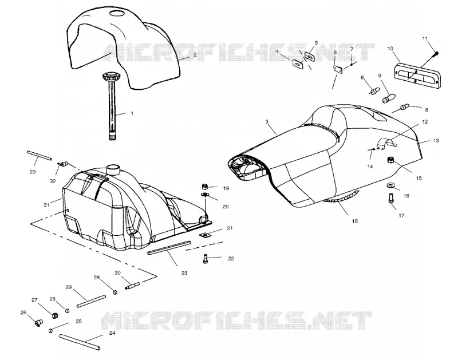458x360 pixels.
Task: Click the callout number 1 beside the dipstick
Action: [132, 113]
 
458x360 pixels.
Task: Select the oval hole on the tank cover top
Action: [117, 13]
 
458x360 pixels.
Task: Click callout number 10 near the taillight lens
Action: [390, 49]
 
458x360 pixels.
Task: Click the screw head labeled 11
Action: [437, 53]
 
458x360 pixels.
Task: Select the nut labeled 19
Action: [205, 186]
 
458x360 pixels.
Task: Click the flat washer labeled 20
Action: [205, 195]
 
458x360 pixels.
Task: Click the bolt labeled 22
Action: [205, 259]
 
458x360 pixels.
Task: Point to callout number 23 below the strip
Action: [184, 273]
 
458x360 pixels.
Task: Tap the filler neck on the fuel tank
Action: [113, 169]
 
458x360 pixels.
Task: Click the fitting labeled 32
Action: [62, 164]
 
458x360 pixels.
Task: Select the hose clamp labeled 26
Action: [37, 322]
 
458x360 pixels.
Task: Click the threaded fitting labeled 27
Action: [55, 315]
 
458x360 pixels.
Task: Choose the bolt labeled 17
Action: [392, 198]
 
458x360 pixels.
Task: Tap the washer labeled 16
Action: [390, 185]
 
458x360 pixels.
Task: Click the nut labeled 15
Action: [390, 160]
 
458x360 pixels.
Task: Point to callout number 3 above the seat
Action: [267, 122]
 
